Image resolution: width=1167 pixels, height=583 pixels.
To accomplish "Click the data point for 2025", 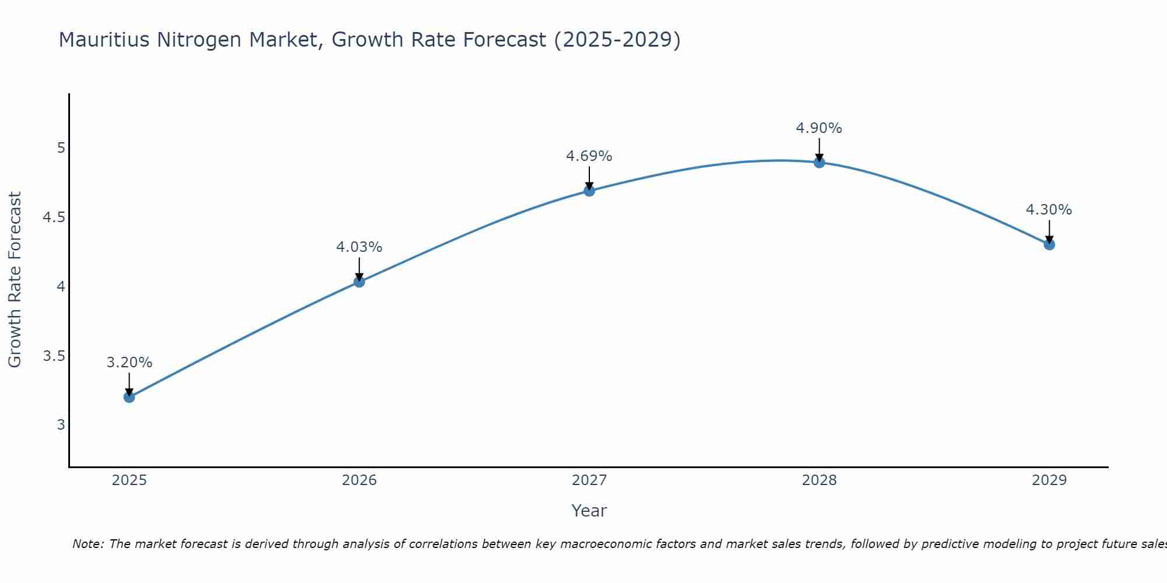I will coord(129,397).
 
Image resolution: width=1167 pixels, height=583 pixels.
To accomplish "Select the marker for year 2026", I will coord(359,282).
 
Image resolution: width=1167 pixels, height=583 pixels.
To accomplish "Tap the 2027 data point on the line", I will coord(589,191).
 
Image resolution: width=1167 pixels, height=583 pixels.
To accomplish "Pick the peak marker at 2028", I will coord(819,163).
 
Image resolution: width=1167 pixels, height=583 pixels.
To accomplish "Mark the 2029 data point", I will coord(1049,244).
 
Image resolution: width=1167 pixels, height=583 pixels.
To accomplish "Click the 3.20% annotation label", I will coord(129,363).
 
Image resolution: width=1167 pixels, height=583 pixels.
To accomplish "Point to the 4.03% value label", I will coord(359,247).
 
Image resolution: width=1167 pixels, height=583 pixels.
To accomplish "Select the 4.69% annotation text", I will coord(589,156).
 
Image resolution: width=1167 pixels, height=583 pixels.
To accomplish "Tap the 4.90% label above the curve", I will coord(819,128).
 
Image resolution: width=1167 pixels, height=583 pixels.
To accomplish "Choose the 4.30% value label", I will coord(1049,210).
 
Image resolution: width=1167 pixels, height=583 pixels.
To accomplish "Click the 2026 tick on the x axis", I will coord(359,480).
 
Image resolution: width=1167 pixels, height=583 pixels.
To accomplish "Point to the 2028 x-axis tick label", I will coord(819,480).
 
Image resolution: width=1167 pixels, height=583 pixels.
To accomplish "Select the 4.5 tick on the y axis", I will coord(53,217).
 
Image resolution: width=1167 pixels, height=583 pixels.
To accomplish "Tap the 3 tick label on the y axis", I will coord(61,425).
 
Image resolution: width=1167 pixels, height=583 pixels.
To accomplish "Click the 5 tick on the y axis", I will coord(61,148).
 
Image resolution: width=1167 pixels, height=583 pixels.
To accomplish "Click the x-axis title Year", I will coord(589,511).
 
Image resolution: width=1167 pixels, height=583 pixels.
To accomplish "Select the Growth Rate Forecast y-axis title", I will coord(15,280).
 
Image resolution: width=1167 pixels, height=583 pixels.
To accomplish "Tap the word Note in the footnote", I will coord(88,544).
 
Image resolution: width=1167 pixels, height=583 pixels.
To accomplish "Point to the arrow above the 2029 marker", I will coord(1049,231).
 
